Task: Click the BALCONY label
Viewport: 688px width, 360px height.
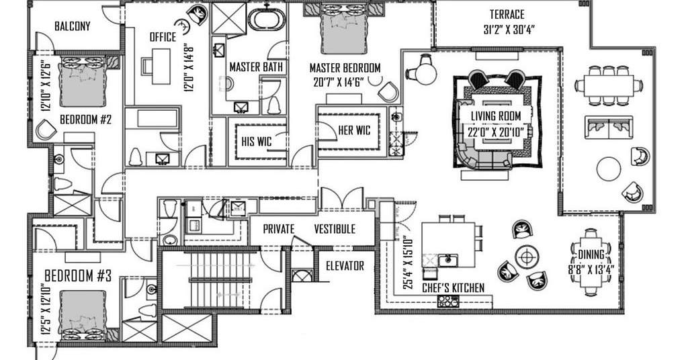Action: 73,26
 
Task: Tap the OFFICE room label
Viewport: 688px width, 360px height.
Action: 163,37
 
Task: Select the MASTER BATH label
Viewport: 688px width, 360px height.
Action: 256,68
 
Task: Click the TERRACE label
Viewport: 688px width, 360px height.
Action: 507,15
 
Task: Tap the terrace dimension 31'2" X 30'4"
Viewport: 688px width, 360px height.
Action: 509,30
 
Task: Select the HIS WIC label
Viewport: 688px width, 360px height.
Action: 257,142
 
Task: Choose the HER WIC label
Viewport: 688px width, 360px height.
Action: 354,130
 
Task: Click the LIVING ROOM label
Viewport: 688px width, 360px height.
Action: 496,116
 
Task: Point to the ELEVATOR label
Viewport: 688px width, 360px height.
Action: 345,266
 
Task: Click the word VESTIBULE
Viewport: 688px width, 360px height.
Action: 335,229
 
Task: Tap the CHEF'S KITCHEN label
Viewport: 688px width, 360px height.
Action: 454,288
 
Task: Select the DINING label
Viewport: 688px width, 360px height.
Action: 591,255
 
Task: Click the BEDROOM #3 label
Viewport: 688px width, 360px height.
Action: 78,276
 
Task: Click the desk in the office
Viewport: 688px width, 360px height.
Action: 161,66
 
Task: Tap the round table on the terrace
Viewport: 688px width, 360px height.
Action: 609,169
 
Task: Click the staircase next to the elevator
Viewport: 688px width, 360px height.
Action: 218,280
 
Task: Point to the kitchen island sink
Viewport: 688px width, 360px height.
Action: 447,260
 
